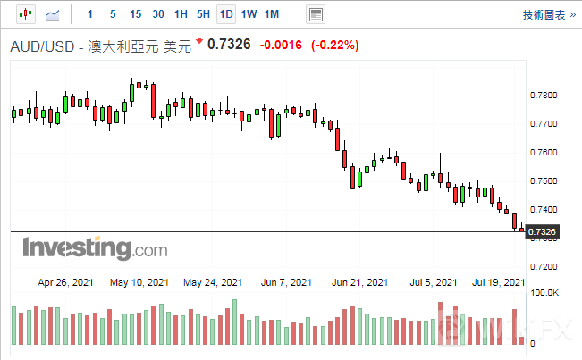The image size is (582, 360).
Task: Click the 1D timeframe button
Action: pos(226,14)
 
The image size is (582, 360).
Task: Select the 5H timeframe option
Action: pos(203,14)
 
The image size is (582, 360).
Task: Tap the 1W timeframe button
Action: pos(249,14)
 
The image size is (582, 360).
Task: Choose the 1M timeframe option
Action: pos(272,14)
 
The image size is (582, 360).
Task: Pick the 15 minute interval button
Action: pos(135,14)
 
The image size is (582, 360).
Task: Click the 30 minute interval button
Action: pos(158,14)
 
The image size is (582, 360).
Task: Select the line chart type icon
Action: pos(53,14)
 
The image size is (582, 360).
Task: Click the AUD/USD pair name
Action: pos(44,47)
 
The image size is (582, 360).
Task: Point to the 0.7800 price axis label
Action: pos(544,95)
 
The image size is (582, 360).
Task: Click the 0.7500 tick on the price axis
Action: pos(544,180)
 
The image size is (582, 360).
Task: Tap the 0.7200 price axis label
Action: pos(544,266)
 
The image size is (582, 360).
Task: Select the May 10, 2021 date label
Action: pos(139,282)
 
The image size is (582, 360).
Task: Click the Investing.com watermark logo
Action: pos(82,247)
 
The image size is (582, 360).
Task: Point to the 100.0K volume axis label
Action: pos(544,292)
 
